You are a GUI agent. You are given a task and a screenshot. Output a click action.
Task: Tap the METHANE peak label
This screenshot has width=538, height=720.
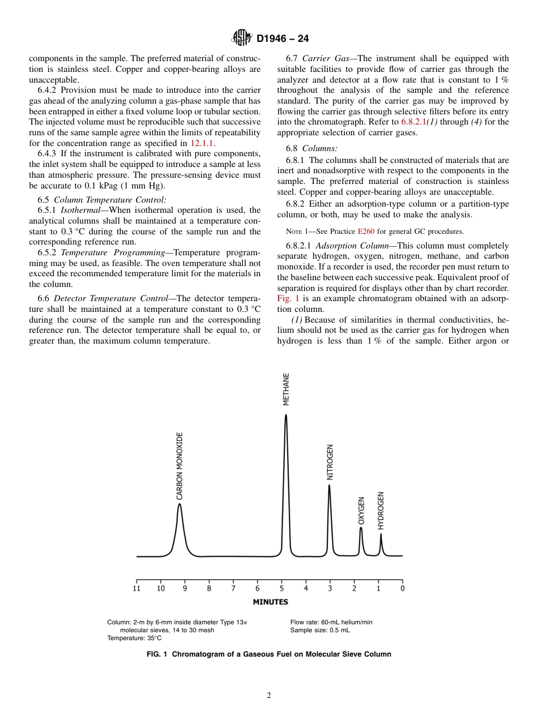(x=286, y=389)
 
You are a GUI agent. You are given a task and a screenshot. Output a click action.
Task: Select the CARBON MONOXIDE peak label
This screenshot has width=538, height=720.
(x=180, y=466)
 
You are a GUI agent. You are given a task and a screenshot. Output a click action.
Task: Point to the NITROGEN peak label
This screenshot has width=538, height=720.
(x=330, y=462)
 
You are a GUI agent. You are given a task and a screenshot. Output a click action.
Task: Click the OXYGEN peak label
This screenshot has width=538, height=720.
(x=361, y=511)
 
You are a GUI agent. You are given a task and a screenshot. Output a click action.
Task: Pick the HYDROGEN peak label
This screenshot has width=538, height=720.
(x=381, y=511)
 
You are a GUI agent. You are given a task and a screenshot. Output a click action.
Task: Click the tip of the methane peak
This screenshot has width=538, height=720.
(x=285, y=415)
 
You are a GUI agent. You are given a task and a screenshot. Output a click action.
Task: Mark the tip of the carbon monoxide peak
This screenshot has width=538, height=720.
(x=179, y=504)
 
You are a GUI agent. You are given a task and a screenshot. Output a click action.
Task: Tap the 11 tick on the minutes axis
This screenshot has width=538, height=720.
(x=136, y=588)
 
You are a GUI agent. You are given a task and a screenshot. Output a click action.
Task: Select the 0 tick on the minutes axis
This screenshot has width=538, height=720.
(x=403, y=588)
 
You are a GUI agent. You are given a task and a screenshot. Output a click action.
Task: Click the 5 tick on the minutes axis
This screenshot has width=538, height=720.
(x=281, y=588)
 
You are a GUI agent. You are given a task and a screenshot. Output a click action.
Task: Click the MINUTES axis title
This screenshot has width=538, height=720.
(x=270, y=602)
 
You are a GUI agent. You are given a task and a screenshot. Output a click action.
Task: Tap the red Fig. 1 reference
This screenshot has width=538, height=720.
(x=288, y=298)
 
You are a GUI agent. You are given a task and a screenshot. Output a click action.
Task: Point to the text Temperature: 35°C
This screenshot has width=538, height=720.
(x=134, y=638)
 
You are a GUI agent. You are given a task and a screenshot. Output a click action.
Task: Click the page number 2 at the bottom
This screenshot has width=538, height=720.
(x=269, y=696)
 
